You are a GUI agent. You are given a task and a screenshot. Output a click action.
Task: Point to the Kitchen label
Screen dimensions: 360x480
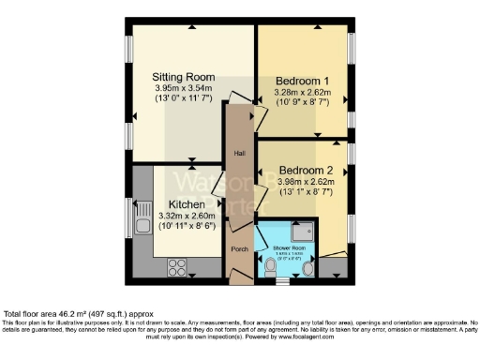[187, 203]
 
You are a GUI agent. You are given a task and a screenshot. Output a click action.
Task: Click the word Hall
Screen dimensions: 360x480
[239, 152]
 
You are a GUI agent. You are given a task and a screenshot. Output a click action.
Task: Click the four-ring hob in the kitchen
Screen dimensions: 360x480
[178, 266]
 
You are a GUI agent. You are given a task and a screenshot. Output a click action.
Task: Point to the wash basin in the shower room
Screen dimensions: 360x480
[309, 270]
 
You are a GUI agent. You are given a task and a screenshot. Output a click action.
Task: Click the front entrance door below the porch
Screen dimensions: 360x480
[240, 278]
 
